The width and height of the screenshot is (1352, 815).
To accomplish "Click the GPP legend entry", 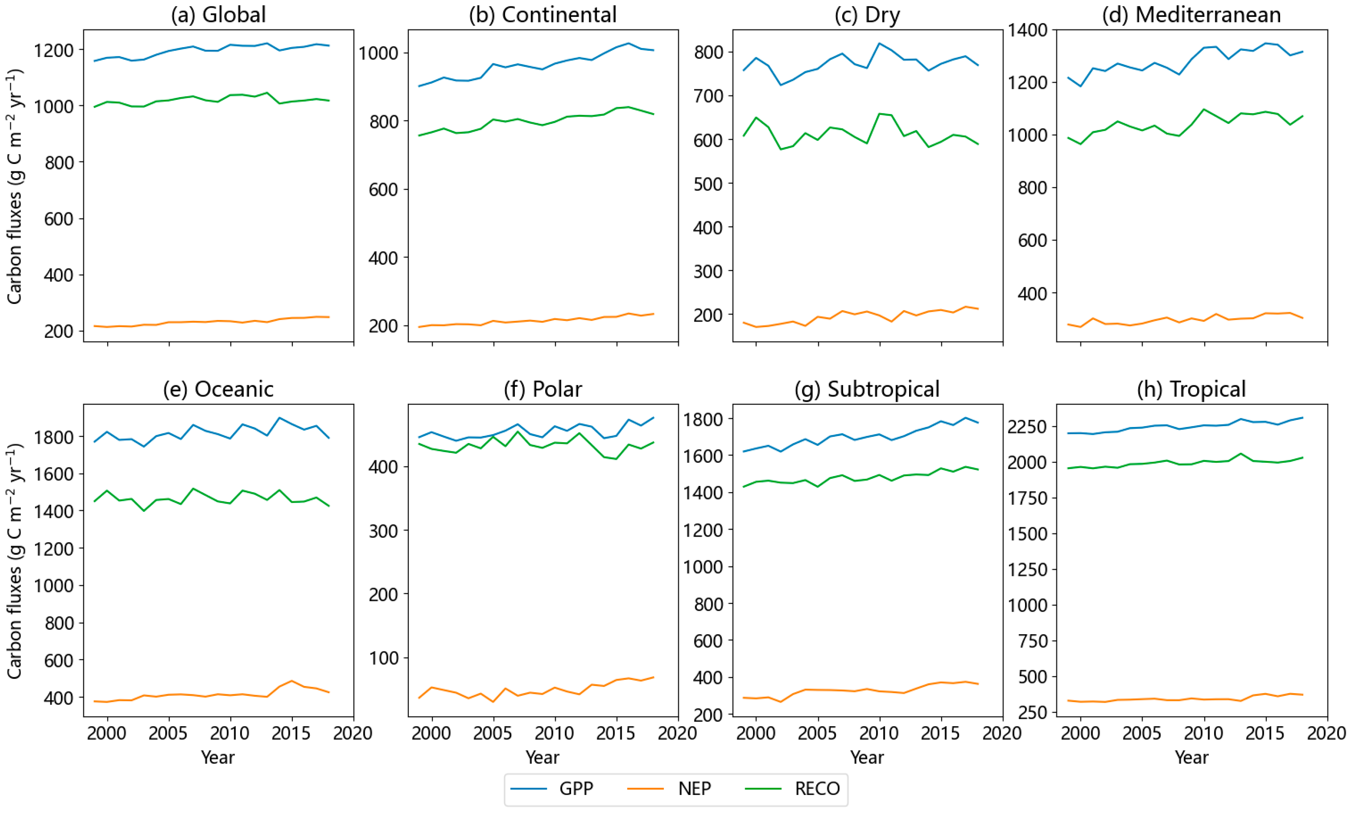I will (x=576, y=789).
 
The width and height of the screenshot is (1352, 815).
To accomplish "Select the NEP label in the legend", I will (x=694, y=789).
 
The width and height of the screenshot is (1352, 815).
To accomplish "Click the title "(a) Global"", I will (x=219, y=15).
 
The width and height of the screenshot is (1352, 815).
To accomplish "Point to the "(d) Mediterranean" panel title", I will (x=1191, y=15).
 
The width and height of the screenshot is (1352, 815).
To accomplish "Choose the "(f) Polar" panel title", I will (x=543, y=389).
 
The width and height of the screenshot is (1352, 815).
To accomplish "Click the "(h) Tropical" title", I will (x=1191, y=389).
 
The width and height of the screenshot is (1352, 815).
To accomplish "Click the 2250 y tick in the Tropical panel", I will (x=1027, y=427).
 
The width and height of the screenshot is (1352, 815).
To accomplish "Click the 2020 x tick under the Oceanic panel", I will (x=353, y=733).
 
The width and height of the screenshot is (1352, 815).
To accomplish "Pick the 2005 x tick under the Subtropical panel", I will (x=817, y=733).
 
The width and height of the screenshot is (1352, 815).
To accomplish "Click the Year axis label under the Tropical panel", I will (x=1191, y=757).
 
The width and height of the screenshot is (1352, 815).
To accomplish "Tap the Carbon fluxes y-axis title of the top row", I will (x=15, y=187).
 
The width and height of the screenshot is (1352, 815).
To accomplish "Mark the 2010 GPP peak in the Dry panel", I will (x=880, y=43).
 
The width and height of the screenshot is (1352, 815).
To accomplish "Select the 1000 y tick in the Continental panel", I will (x=378, y=53).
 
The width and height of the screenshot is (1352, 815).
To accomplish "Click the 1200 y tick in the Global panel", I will (x=54, y=50).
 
